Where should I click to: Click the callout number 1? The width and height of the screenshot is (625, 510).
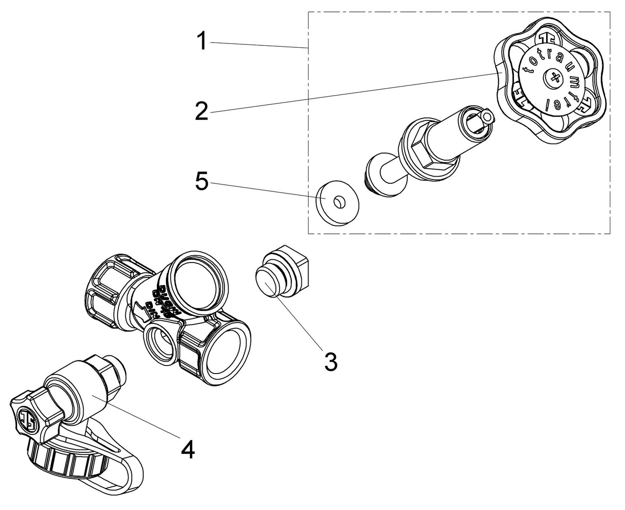(x=202, y=41)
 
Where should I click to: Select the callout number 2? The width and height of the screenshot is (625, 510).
(x=202, y=111)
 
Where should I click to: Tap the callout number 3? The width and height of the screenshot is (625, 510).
(x=330, y=362)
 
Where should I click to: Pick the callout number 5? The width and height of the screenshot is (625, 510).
(x=202, y=182)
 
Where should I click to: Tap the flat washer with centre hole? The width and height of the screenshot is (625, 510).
(x=337, y=203)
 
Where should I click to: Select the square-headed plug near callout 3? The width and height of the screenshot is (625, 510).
(x=281, y=272)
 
